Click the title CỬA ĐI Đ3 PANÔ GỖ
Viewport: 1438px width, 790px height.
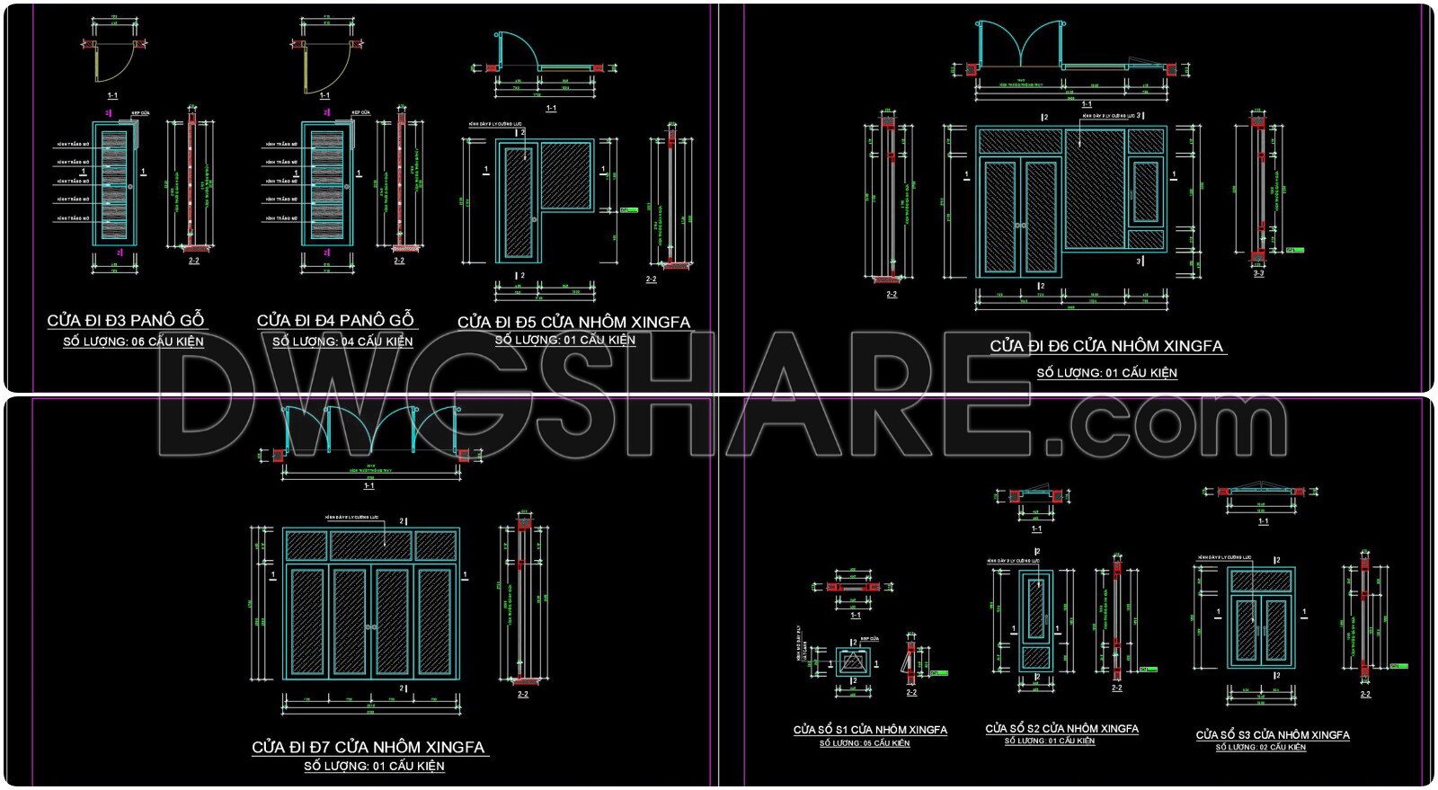[x=126, y=321]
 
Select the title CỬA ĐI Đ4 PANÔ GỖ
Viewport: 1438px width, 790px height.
[x=335, y=321]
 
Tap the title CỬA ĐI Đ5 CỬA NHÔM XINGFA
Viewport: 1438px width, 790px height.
[x=573, y=322]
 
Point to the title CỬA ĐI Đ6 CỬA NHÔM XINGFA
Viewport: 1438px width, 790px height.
[x=1106, y=346]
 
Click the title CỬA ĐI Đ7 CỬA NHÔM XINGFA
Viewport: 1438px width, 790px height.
[x=368, y=747]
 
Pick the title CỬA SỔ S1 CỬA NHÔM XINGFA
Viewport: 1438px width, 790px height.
[x=870, y=730]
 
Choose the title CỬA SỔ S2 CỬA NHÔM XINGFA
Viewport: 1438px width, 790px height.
[x=1061, y=729]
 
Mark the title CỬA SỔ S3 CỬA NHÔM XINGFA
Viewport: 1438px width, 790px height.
[x=1273, y=735]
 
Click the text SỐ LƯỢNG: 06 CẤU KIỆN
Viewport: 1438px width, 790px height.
[x=133, y=342]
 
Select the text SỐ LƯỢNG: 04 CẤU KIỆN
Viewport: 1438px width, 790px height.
[x=342, y=342]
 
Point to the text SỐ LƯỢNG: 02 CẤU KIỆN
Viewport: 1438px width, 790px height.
[x=1261, y=748]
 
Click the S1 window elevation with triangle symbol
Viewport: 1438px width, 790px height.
[x=853, y=662]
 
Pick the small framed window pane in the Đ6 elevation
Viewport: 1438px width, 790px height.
[x=1145, y=191]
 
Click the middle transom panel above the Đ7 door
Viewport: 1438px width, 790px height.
[x=371, y=545]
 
